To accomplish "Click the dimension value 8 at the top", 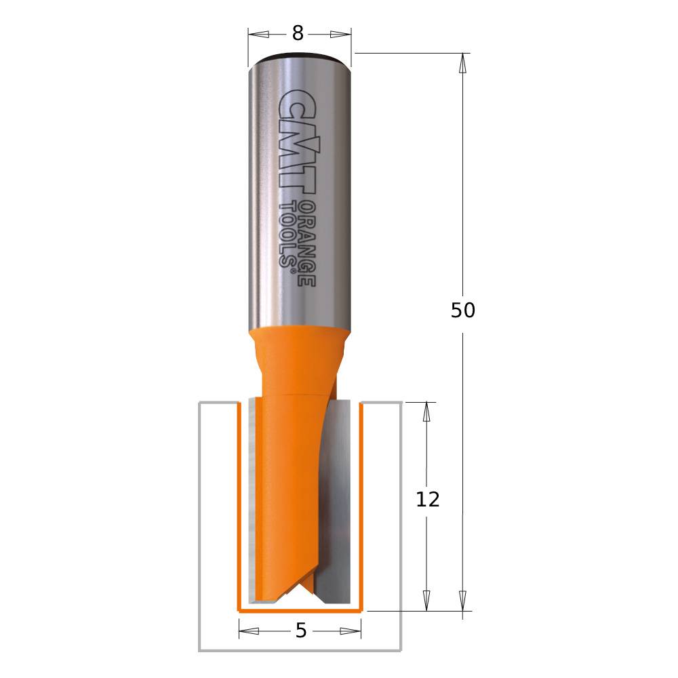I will (298, 33).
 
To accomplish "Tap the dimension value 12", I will (427, 500).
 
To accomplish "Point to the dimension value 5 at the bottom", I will (301, 631).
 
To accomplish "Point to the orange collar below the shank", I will (298, 346).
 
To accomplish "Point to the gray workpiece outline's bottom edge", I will (299, 650).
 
